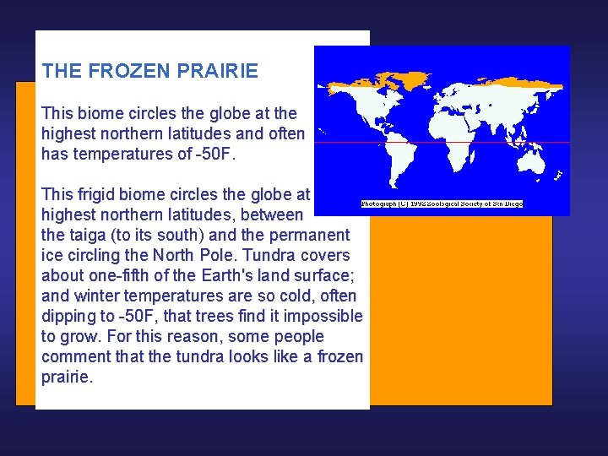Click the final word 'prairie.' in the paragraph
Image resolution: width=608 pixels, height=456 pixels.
pyautogui.click(x=67, y=377)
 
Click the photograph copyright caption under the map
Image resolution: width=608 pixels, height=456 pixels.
pyautogui.click(x=442, y=204)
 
